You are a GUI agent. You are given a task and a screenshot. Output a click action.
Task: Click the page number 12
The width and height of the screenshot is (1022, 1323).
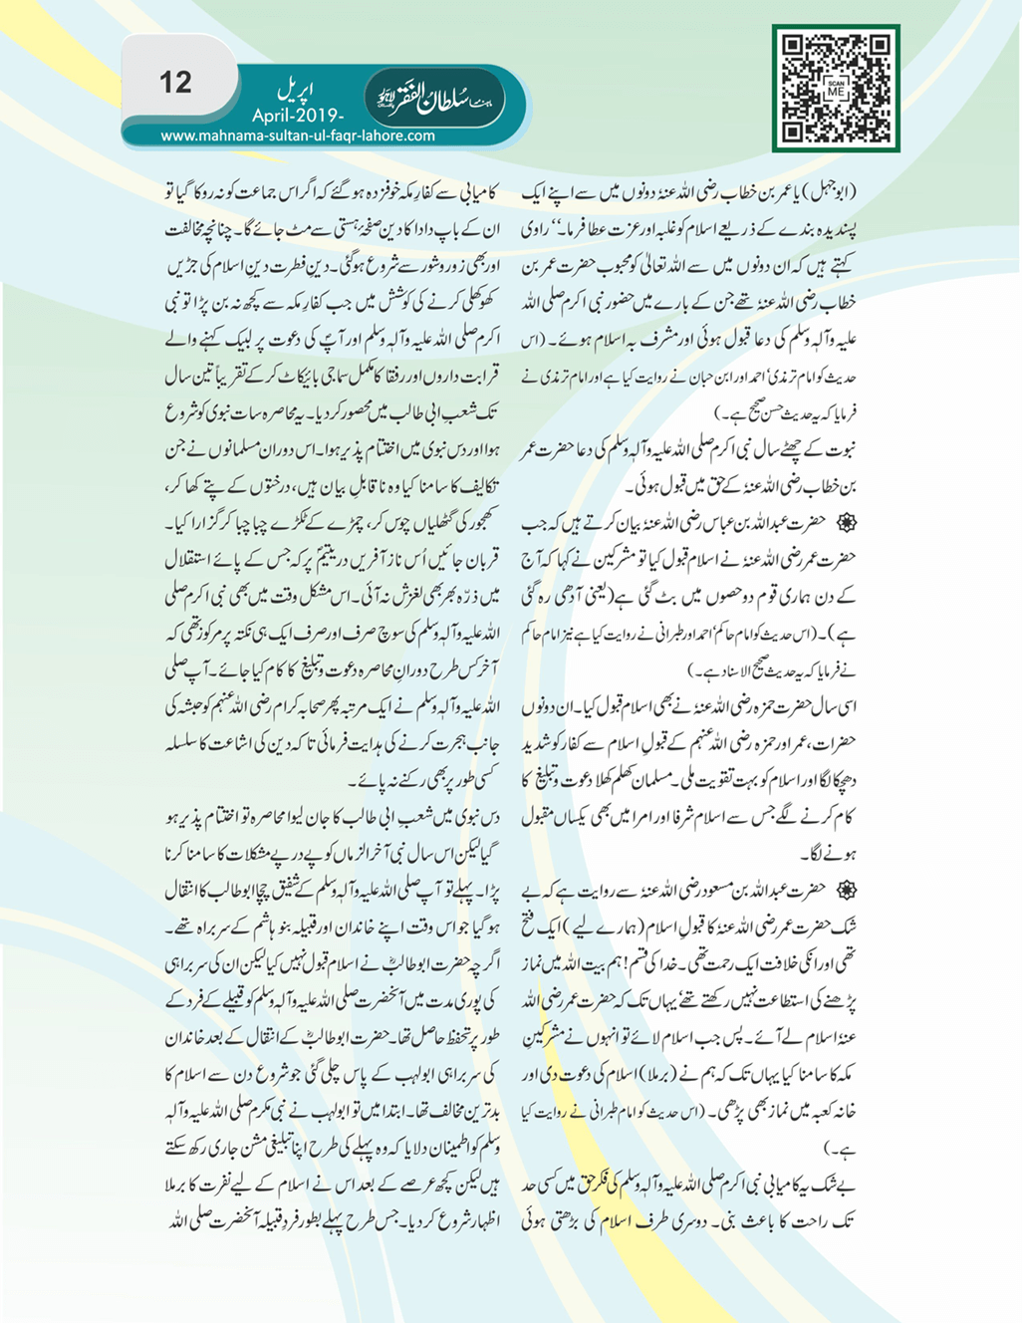coord(175,82)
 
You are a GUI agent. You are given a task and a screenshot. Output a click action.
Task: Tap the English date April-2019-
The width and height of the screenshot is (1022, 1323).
coord(298,116)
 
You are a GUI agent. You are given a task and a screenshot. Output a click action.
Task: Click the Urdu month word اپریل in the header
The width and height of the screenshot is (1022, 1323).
coord(295,93)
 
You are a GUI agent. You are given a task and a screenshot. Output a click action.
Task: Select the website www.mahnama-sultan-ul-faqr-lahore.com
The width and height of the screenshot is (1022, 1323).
coord(298,136)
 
